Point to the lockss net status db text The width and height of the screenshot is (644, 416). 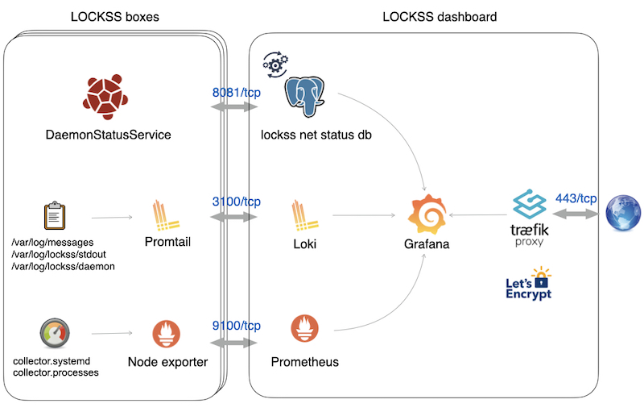click(x=311, y=135)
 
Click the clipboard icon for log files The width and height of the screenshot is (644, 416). click(x=55, y=216)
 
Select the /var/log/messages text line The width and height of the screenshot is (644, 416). click(x=53, y=242)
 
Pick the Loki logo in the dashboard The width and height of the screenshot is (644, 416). click(x=305, y=216)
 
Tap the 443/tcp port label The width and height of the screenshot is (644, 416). click(x=576, y=198)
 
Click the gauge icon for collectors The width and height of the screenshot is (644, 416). click(x=55, y=331)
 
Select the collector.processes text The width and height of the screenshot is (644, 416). click(x=56, y=372)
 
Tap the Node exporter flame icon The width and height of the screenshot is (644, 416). click(x=167, y=333)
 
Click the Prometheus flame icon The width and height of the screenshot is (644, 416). click(x=305, y=330)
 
